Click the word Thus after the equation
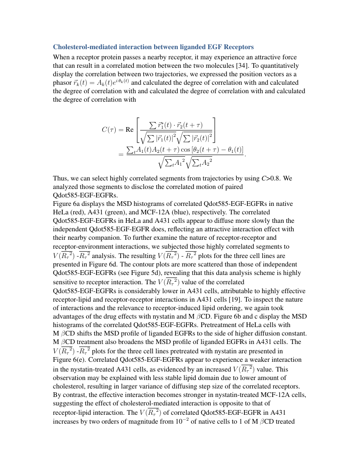coord(60,178)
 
